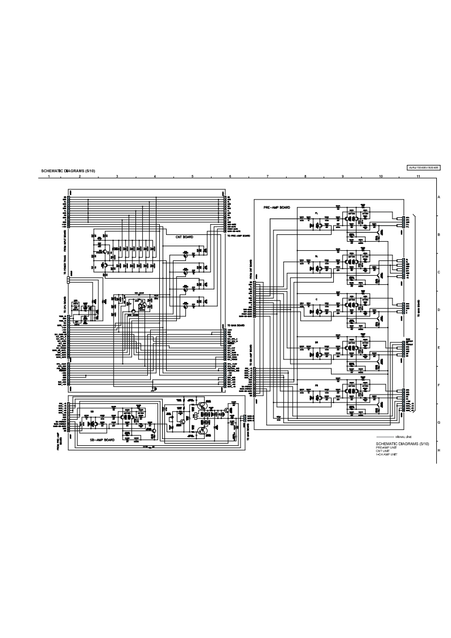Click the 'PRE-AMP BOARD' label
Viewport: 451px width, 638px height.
click(x=277, y=208)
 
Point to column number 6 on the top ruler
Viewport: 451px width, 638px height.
click(x=230, y=177)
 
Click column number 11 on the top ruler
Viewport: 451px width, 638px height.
click(x=418, y=177)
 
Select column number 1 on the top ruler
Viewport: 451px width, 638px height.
click(x=49, y=177)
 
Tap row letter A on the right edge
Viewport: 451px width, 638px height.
click(x=439, y=197)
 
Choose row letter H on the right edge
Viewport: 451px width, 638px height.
click(x=439, y=450)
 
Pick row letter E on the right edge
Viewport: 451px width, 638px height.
click(x=439, y=348)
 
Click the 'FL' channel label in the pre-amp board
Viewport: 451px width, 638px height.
click(x=316, y=213)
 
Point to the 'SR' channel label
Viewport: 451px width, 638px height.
click(x=316, y=343)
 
